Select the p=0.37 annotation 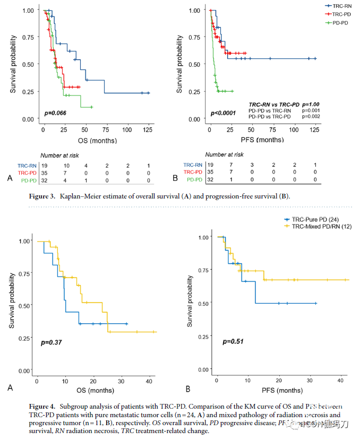51,343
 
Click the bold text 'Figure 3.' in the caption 45,197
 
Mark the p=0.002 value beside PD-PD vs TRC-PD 311,116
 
